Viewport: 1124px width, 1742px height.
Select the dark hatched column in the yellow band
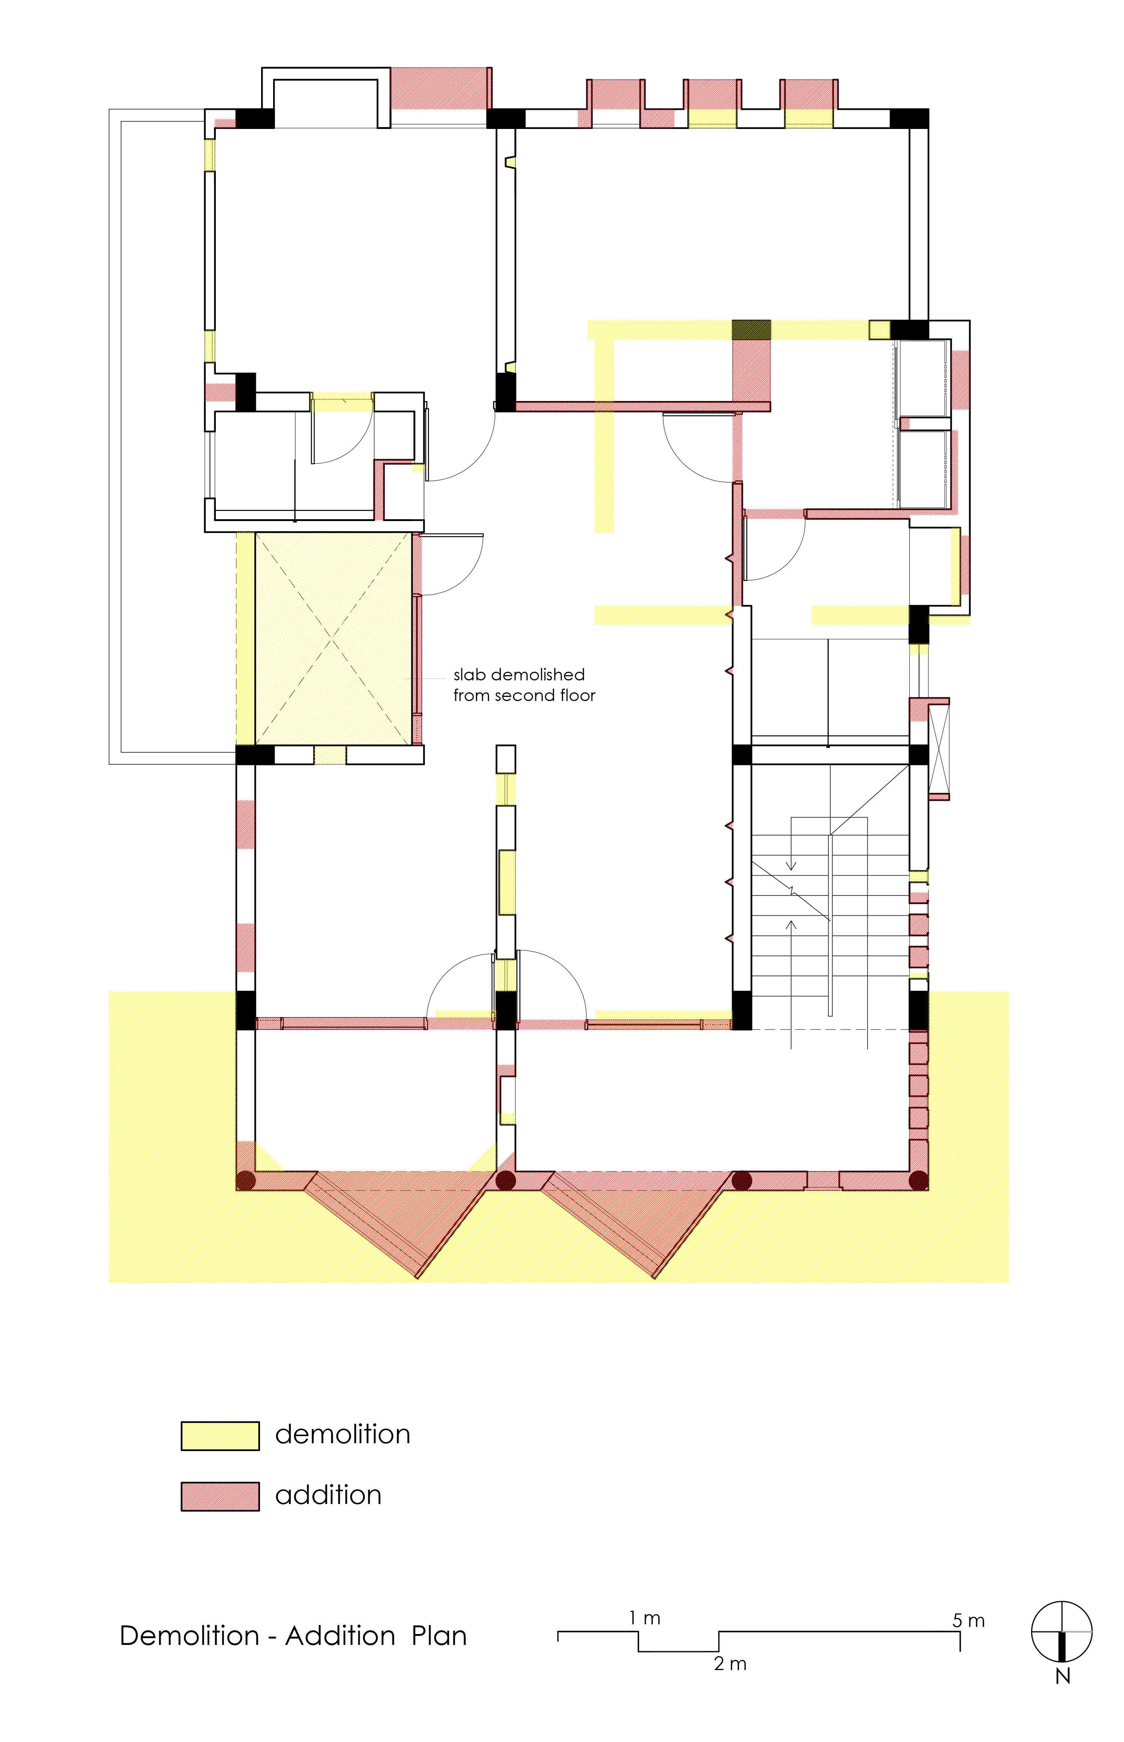point(751,329)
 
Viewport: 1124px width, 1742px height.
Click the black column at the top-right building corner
point(909,118)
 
